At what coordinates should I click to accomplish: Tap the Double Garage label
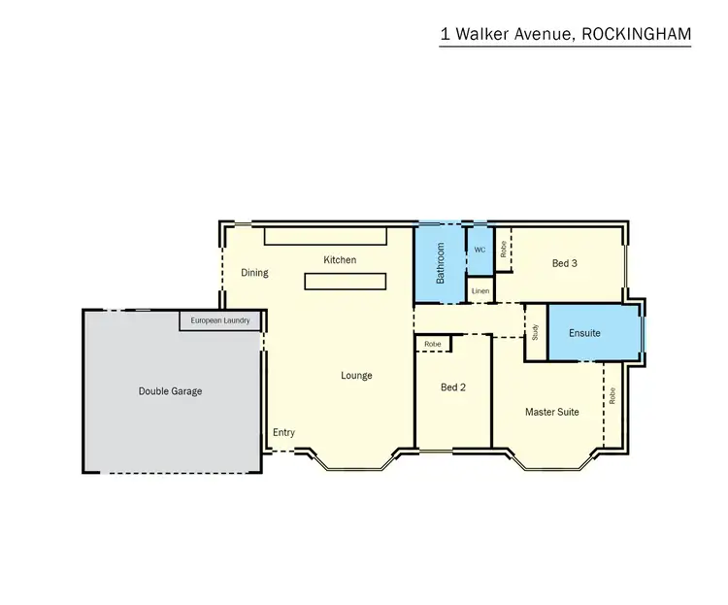(x=170, y=391)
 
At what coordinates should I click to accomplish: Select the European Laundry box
(x=220, y=320)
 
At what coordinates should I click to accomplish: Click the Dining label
(x=254, y=273)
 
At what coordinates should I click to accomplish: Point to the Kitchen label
(x=340, y=260)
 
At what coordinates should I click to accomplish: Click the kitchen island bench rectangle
(x=346, y=282)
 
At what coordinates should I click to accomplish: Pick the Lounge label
(x=356, y=376)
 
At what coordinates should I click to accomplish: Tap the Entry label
(x=283, y=433)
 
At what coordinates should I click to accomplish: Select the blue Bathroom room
(x=440, y=263)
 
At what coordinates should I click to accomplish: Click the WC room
(x=480, y=250)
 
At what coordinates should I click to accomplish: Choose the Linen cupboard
(x=480, y=290)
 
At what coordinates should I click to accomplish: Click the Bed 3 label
(x=565, y=263)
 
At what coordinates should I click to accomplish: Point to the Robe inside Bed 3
(x=504, y=249)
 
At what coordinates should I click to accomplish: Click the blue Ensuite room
(x=584, y=333)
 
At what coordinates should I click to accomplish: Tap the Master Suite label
(x=551, y=412)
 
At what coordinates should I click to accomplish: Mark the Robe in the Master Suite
(x=612, y=396)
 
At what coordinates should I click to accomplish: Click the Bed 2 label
(x=453, y=387)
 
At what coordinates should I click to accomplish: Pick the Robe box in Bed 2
(x=433, y=344)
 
